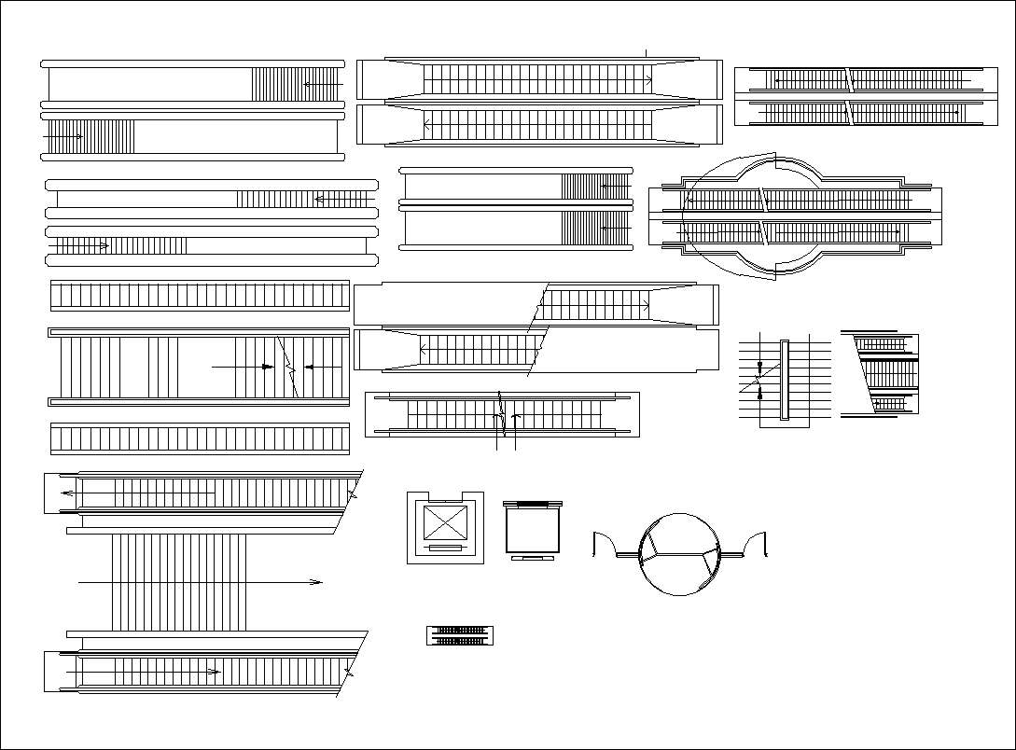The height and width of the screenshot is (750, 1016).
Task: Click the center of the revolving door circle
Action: click(680, 553)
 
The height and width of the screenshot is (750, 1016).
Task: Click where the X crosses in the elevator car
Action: click(444, 522)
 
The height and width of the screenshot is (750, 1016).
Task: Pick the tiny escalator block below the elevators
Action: click(460, 635)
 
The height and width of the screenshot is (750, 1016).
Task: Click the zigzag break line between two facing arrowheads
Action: click(288, 368)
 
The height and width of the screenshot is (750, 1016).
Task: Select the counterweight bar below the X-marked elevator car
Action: click(444, 549)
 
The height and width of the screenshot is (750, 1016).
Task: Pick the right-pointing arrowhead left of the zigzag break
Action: click(268, 368)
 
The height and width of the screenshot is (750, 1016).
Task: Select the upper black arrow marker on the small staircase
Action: click(760, 367)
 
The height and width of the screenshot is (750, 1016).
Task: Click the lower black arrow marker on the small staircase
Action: click(760, 395)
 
